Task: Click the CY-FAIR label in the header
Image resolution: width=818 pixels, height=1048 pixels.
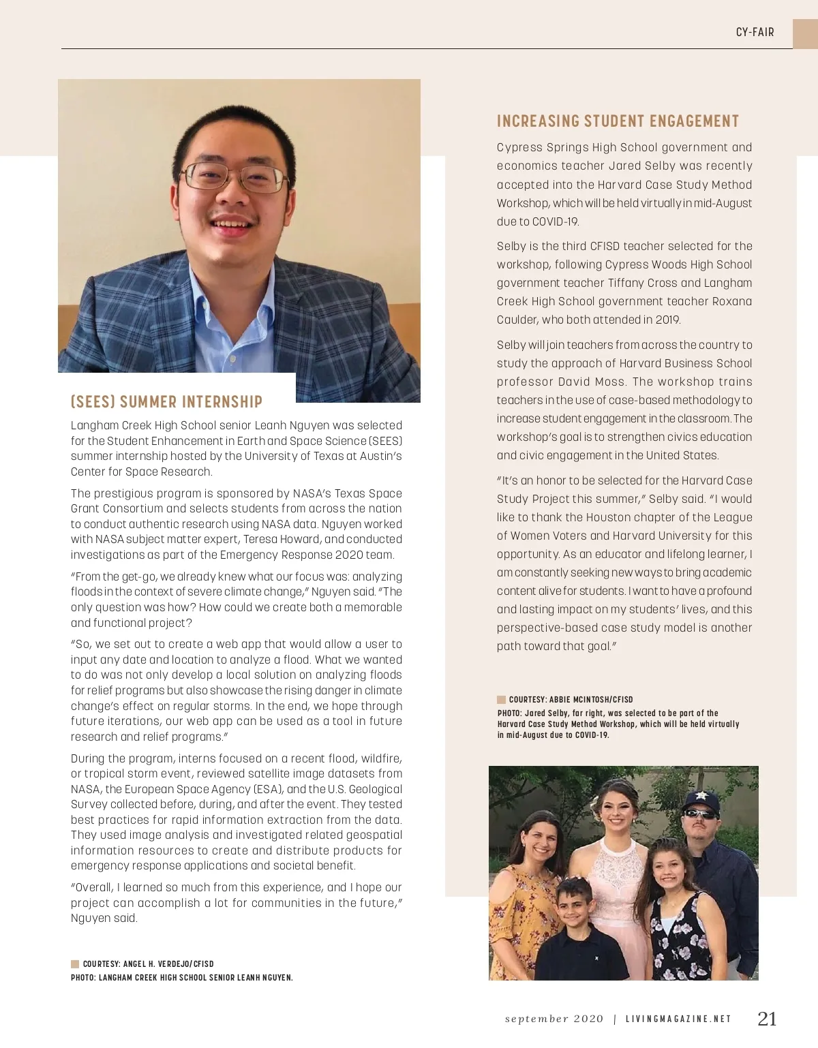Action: click(755, 32)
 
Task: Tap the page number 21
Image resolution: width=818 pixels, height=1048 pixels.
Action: click(767, 1019)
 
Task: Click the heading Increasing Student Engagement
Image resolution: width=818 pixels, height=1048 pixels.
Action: click(618, 121)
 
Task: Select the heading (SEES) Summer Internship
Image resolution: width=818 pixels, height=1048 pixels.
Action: click(166, 401)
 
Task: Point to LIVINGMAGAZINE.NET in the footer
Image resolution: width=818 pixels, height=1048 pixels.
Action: click(678, 1019)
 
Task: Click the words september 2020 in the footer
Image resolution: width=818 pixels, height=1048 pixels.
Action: click(554, 1019)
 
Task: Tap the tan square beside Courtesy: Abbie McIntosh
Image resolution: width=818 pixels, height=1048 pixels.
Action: click(501, 700)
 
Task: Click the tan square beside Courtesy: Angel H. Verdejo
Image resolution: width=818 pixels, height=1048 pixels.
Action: click(75, 964)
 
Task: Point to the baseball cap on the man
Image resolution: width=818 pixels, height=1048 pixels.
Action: click(701, 799)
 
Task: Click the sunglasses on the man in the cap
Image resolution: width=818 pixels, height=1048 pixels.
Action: click(701, 814)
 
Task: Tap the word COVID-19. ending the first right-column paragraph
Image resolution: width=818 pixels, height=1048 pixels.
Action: click(555, 222)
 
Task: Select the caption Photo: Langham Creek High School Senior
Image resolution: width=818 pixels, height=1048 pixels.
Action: click(181, 978)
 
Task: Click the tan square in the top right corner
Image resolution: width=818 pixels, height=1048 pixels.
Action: click(805, 33)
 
